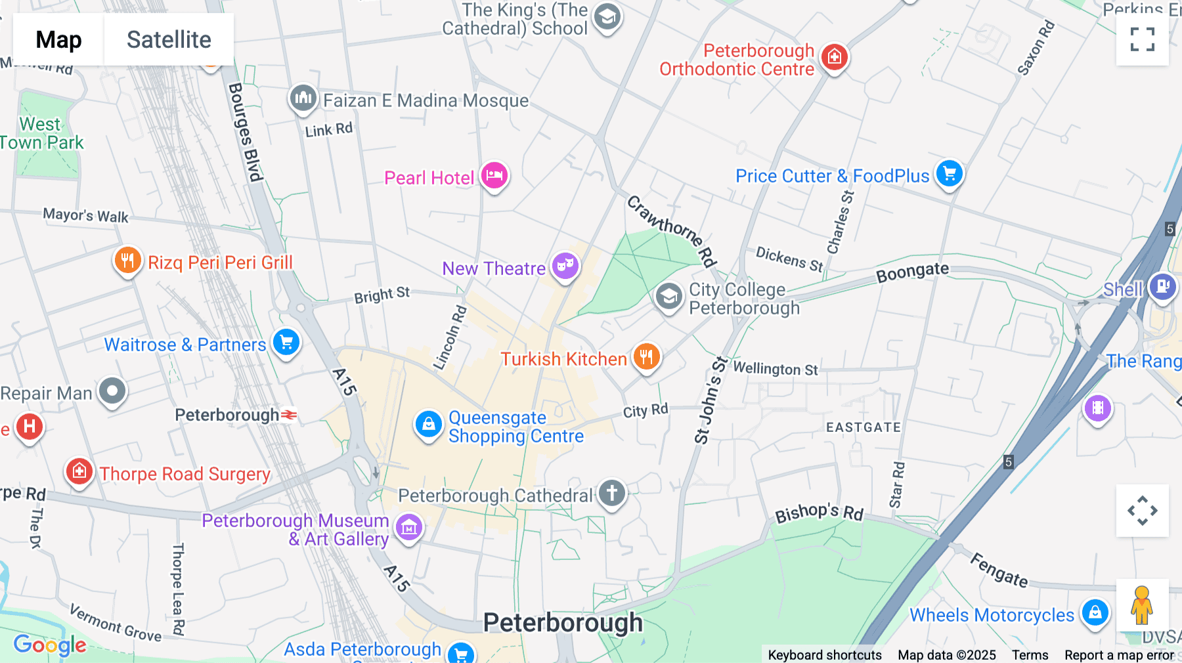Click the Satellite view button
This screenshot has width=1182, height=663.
tap(169, 39)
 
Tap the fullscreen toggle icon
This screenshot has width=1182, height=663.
tap(1142, 39)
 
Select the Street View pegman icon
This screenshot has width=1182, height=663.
tap(1142, 605)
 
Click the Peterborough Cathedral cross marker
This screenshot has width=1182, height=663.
tap(611, 492)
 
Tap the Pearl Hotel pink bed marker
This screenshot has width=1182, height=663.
tap(494, 175)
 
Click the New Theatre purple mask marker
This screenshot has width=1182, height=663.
tap(565, 266)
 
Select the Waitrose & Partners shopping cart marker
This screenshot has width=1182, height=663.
tap(286, 342)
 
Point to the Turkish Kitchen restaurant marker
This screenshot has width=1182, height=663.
tap(646, 356)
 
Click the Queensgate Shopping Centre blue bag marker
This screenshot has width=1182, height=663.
tap(428, 424)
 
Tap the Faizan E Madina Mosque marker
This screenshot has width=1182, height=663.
tap(303, 98)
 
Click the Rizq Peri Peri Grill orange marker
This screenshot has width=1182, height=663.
tap(127, 260)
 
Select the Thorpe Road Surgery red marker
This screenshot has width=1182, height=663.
tap(79, 471)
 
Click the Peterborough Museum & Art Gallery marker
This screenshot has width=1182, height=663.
tap(409, 526)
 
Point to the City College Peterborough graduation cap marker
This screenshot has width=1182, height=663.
tap(668, 297)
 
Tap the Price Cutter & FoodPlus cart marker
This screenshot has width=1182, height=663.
tap(949, 174)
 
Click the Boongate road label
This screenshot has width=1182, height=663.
tap(912, 272)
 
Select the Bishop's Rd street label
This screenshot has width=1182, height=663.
tap(819, 513)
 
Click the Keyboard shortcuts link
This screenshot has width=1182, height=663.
tap(824, 654)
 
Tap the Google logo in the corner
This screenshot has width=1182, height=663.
tap(50, 645)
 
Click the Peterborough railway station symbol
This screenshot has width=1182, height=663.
tap(289, 415)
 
